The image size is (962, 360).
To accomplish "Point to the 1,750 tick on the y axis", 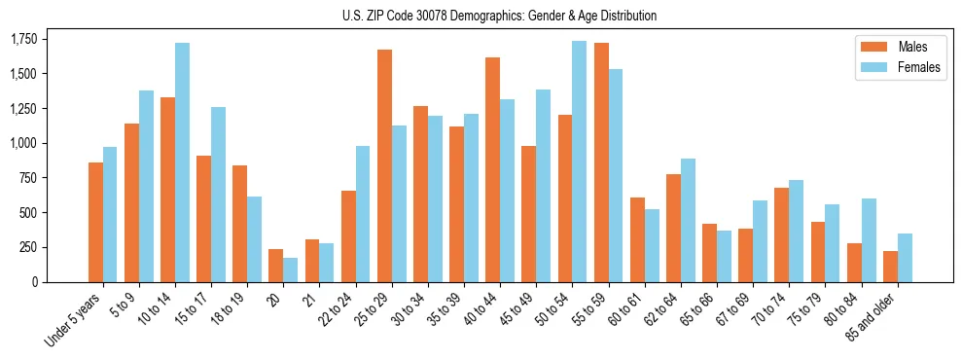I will (24, 39).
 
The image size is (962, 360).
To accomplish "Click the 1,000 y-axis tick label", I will (24, 143).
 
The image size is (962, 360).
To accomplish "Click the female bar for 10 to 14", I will (183, 162).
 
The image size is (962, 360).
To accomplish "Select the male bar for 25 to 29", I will (384, 165).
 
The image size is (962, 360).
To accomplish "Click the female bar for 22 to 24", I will (363, 214).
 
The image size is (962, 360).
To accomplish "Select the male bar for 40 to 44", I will (493, 169).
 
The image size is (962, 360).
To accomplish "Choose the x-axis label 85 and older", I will (871, 320).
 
